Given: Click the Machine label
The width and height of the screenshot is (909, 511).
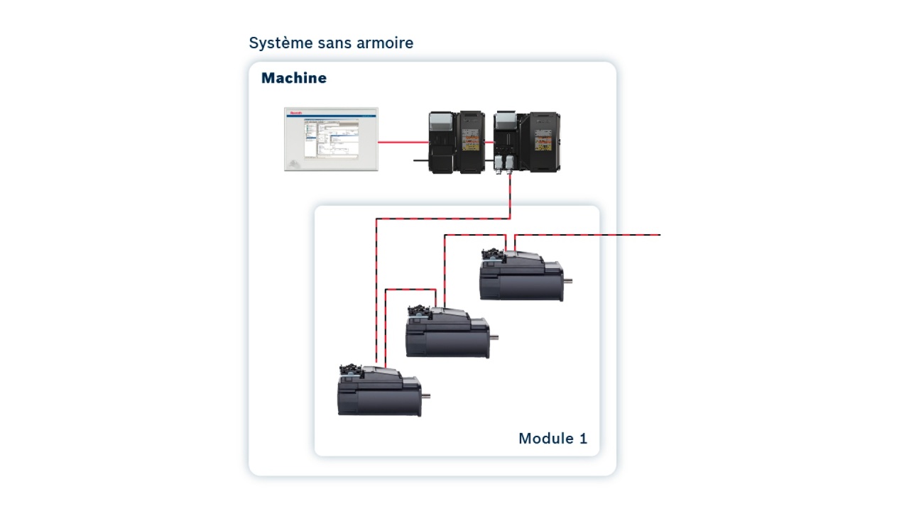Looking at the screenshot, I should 294,78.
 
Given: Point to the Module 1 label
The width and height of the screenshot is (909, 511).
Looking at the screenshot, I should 553,438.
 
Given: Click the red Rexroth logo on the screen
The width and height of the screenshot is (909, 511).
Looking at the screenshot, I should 296,112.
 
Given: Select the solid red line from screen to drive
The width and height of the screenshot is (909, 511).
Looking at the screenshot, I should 403,142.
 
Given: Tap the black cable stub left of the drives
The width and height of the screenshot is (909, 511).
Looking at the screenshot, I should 422,160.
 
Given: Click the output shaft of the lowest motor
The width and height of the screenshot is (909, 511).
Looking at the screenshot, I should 425,395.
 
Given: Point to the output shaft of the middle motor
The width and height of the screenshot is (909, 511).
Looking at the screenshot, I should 494,337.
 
